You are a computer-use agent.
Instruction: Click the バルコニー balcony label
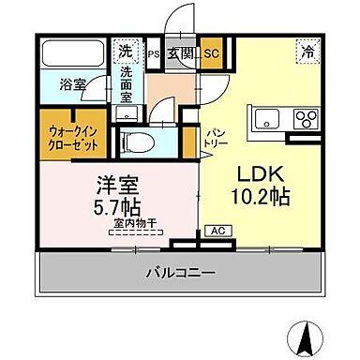(x=180, y=274)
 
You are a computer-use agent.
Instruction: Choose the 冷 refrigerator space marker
(x=307, y=52)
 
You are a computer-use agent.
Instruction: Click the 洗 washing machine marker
(x=125, y=52)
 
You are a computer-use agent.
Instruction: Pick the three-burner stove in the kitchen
(x=307, y=119)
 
